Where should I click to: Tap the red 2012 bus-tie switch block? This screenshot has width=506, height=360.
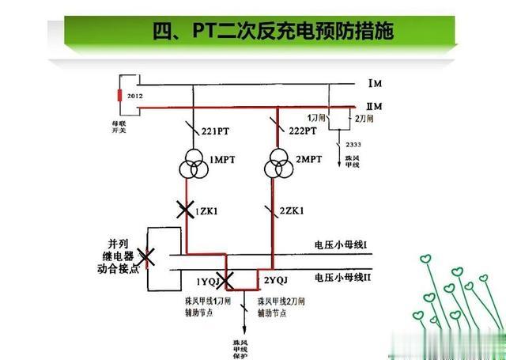tap(121, 97)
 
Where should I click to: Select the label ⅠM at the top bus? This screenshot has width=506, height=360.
tap(376, 83)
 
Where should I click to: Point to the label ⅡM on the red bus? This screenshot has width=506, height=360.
tap(376, 106)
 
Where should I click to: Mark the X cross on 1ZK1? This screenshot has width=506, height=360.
tap(185, 210)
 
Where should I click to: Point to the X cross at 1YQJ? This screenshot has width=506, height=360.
tap(226, 279)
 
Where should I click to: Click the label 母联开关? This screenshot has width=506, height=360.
tap(121, 127)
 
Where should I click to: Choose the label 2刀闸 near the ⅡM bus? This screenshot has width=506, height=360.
tap(363, 118)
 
